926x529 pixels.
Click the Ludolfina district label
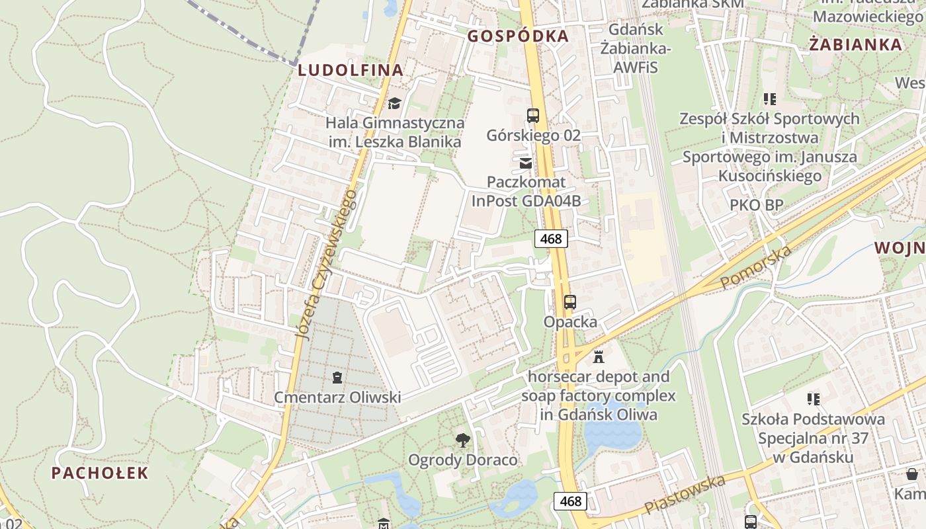pos(350,70)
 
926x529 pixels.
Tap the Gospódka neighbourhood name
pos(518,36)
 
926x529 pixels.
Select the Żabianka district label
pos(855,44)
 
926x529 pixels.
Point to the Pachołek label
pos(100,473)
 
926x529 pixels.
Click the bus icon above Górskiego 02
pos(533,116)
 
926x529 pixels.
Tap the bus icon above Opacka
pos(569,302)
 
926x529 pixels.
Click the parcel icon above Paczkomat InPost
pos(526,163)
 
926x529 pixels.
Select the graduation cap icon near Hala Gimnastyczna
pos(394,103)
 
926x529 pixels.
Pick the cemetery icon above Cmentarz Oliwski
pos(337,378)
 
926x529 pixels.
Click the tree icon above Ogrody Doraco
pos(463,440)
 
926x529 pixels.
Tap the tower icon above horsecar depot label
pos(599,357)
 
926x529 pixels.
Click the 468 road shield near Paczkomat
pos(551,239)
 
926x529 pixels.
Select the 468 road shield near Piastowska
pos(570,501)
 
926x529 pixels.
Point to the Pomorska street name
pos(755,267)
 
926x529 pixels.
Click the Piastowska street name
pos(685,495)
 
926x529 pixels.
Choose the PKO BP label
pos(757,205)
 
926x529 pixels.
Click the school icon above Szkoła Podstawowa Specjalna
pos(813,399)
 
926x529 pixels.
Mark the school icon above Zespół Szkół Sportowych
pos(769,99)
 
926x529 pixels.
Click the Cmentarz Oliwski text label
pos(337,397)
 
